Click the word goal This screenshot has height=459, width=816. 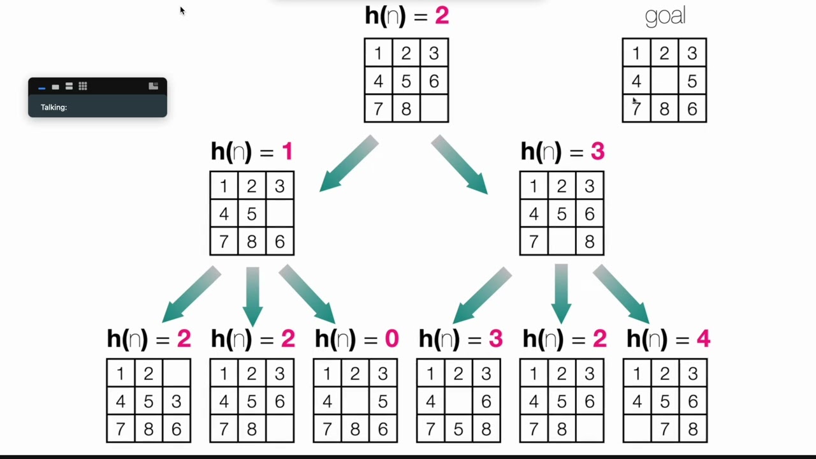665,17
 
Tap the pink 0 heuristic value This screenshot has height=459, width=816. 391,339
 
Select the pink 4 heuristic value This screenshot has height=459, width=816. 703,339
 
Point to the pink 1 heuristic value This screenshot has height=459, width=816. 288,151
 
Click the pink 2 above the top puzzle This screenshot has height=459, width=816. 442,16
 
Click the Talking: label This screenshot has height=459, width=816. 54,107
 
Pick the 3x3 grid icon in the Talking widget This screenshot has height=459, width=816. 83,86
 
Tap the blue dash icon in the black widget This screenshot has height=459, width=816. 41,88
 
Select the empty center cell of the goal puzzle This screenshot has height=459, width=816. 664,80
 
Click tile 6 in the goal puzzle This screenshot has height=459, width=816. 692,108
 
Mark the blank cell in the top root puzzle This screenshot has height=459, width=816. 434,108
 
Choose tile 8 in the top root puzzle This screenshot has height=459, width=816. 406,108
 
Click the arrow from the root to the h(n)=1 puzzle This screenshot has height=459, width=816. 349,164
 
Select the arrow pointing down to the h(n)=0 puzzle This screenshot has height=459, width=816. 307,294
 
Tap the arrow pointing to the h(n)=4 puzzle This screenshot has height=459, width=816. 621,294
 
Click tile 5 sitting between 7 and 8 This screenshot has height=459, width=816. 458,429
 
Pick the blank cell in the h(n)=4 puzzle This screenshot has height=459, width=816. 637,429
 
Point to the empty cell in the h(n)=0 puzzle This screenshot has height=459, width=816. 355,401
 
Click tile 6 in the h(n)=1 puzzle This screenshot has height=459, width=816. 280,241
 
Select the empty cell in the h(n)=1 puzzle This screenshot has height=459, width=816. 280,214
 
